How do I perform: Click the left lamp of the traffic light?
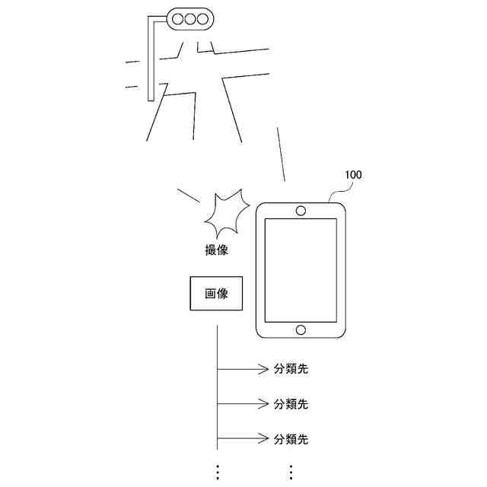pos(177,17)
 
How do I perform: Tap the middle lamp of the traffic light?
pos(191,17)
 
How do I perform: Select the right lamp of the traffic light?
pos(205,17)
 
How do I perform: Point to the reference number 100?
pos(352,175)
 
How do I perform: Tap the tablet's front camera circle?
pos(301,209)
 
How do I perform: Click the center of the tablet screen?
pos(301,269)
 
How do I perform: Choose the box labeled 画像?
pos(216,294)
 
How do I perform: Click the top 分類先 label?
pos(291,370)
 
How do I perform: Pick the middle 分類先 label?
pos(291,404)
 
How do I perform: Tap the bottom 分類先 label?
pos(291,439)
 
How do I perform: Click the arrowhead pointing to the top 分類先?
pos(263,370)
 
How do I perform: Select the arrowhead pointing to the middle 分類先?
pos(263,404)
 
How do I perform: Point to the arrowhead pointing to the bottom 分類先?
pos(263,439)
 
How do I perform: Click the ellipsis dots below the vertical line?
pos(217,471)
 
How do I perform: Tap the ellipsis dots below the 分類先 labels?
pos(290,471)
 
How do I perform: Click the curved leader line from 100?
pos(334,191)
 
